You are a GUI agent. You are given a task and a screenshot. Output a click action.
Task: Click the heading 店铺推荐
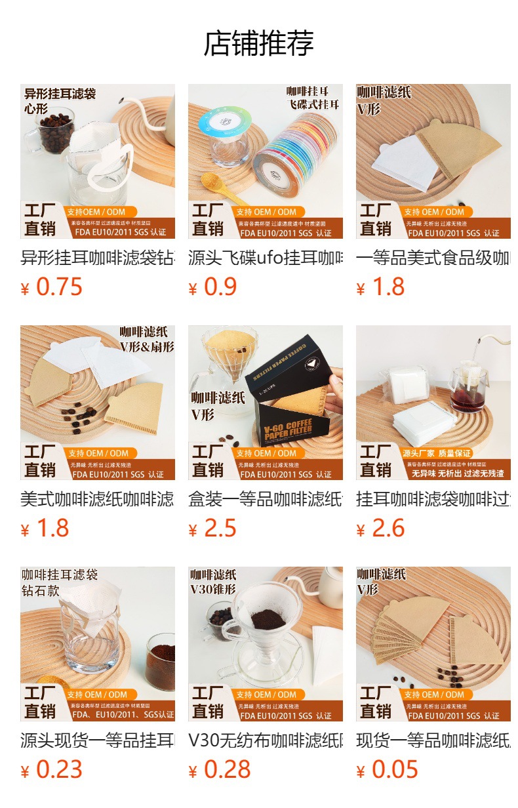tap(259, 43)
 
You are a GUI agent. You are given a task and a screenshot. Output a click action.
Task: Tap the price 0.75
tap(59, 287)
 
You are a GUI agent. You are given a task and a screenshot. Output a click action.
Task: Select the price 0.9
tap(220, 287)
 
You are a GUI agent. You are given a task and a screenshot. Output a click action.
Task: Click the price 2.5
tap(220, 529)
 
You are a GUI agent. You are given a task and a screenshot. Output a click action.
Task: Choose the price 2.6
tap(388, 529)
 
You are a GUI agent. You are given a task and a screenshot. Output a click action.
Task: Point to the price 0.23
tap(59, 770)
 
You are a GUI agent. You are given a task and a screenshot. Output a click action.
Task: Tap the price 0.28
tap(227, 770)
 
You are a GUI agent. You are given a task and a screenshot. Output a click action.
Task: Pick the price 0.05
tap(395, 770)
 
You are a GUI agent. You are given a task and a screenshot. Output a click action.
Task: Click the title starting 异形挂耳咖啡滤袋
tap(98, 258)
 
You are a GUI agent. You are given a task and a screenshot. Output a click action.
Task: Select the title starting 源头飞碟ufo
tap(266, 258)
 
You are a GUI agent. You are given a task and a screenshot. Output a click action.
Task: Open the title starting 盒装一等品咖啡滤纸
tap(266, 499)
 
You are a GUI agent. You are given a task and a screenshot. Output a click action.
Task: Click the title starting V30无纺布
tap(266, 740)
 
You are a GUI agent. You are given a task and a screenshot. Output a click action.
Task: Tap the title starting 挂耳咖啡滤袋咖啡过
tap(433, 499)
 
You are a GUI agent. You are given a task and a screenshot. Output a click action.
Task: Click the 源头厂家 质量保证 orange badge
tap(436, 453)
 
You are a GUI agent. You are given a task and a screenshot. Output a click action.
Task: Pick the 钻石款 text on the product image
tap(41, 591)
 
